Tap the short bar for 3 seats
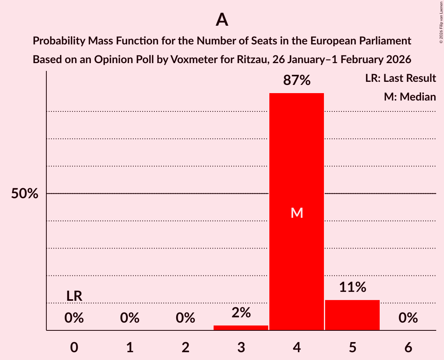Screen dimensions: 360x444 point(241,328)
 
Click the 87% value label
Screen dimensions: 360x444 point(297,81)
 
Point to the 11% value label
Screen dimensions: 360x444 point(352,288)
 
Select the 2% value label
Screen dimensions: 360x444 point(241,312)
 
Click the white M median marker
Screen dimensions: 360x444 point(297,213)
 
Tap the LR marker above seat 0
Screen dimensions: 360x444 point(74,296)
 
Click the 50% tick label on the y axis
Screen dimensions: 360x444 point(25,194)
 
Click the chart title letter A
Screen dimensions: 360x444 point(222,19)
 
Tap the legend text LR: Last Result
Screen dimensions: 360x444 point(400,78)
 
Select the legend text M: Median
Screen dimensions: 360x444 point(410,97)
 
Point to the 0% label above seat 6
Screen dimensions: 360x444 point(408,318)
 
